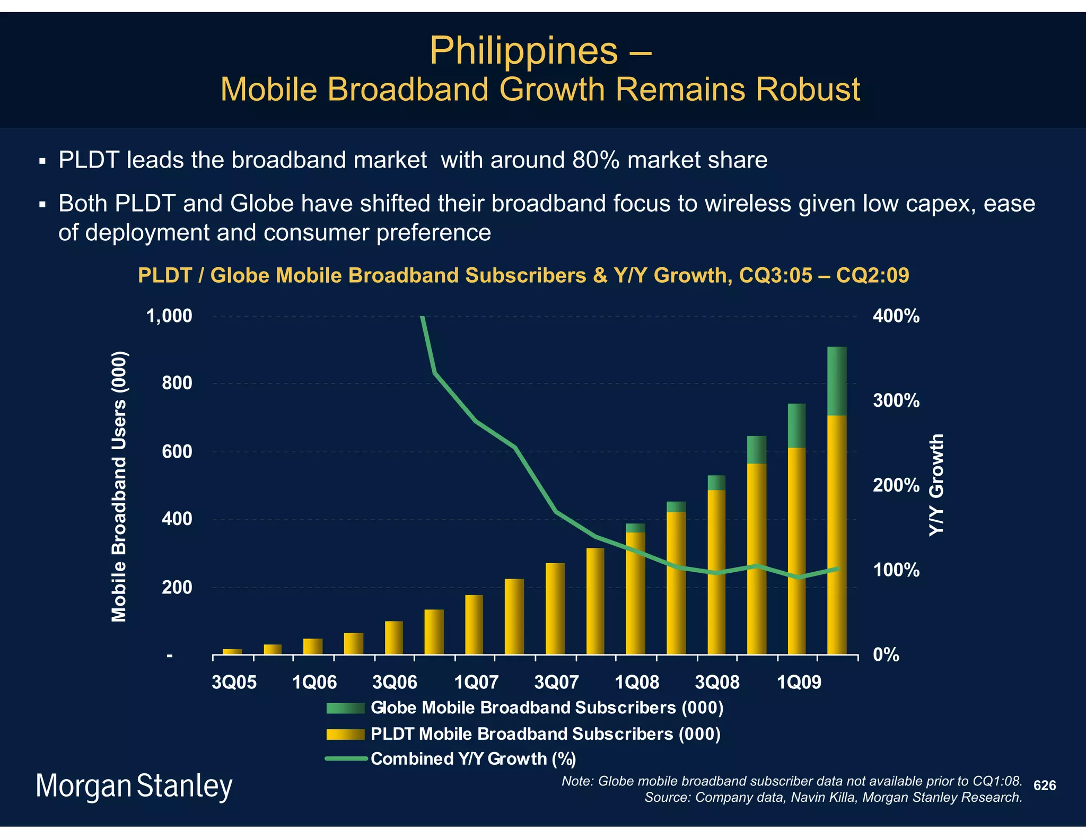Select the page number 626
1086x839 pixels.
(x=1045, y=785)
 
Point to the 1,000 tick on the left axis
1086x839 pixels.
(x=169, y=316)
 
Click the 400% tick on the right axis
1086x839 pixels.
(x=896, y=317)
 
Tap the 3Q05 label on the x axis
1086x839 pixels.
(x=233, y=682)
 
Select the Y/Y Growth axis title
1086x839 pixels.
(x=937, y=485)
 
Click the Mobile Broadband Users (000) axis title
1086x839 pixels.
(x=119, y=486)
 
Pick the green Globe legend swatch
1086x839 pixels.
(x=345, y=708)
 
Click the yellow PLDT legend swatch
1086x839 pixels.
(x=345, y=734)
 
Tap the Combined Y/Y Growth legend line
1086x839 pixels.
(x=345, y=759)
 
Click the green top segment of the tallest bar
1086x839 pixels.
(x=837, y=381)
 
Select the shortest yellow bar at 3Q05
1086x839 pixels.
(x=232, y=651)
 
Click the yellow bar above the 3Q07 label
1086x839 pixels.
(x=555, y=608)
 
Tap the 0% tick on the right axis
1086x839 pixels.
(x=886, y=656)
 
